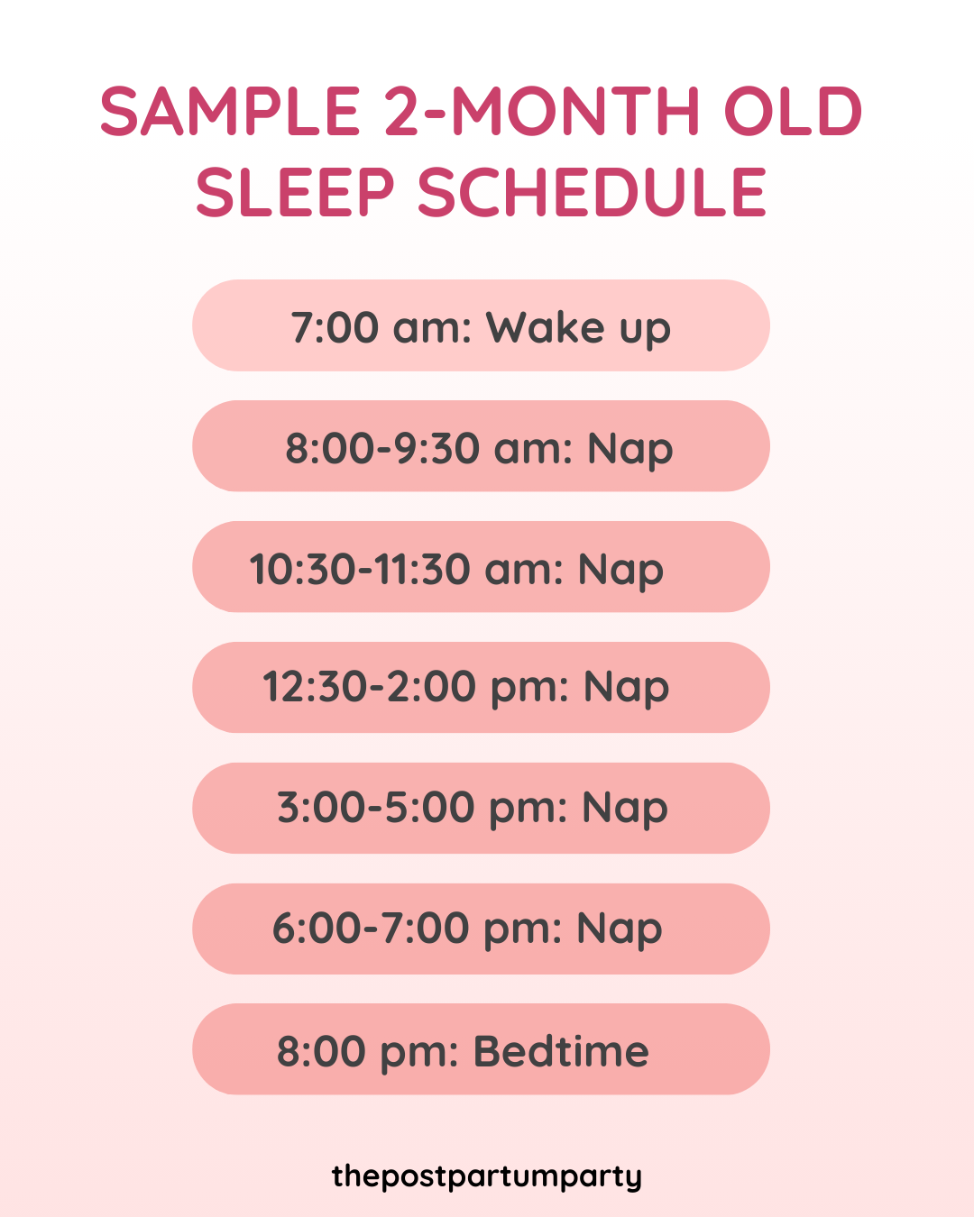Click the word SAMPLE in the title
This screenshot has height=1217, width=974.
pos(230,113)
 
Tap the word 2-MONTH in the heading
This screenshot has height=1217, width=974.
pos(542,113)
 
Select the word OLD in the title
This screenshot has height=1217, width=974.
pos(794,113)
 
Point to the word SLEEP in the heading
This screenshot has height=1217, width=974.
pos(296,193)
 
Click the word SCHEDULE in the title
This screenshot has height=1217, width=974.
pos(592,193)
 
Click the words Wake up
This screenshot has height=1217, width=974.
pos(578,327)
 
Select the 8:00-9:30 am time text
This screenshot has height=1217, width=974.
pos(427,448)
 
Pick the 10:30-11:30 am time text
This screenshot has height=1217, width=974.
pos(405,569)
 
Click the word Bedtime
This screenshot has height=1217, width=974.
pos(561,1051)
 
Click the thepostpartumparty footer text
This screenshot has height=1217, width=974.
pos(487,1176)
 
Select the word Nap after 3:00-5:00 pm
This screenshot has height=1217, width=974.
pos(625,809)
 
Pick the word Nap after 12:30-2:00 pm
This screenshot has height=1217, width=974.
pos(626,688)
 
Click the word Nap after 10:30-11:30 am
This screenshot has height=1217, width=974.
pos(620,570)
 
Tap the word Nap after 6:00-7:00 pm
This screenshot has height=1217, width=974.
pos(620,929)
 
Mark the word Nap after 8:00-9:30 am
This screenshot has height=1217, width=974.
pos(630,449)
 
